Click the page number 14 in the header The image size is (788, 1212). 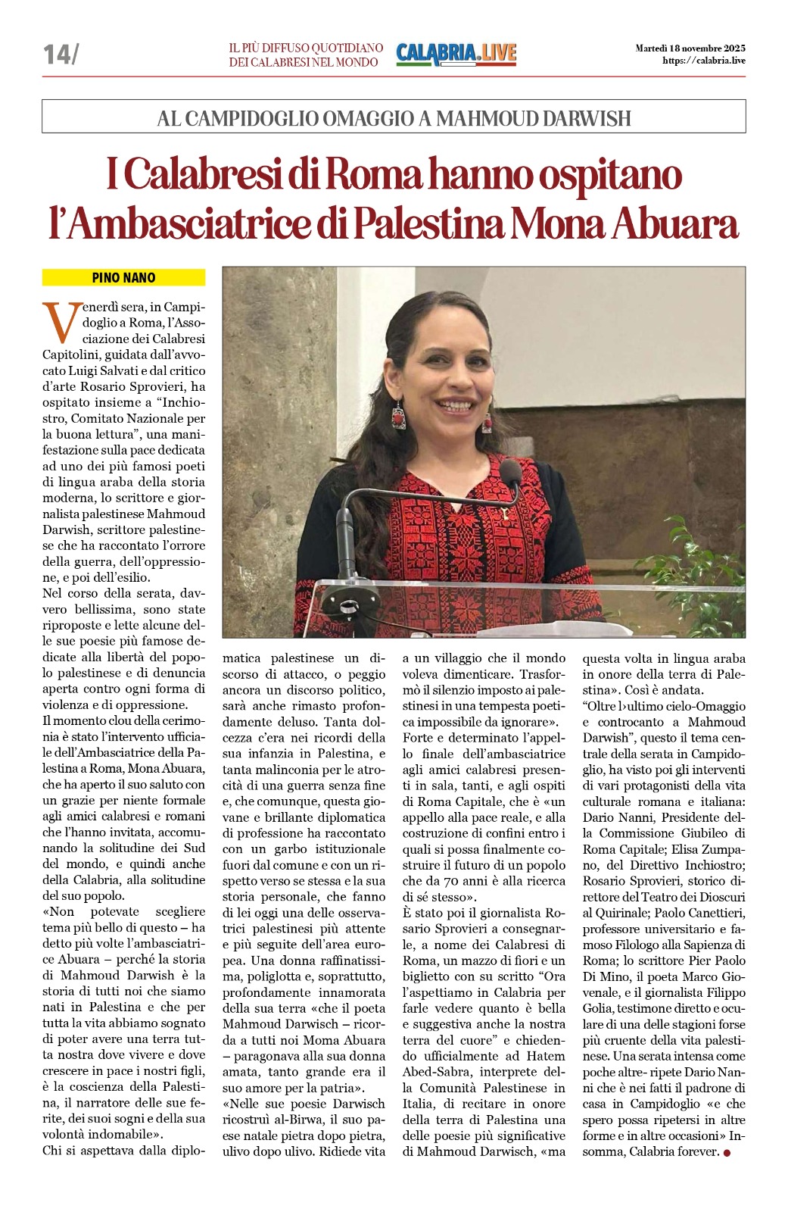pos(56,54)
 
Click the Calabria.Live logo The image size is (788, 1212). pos(456,54)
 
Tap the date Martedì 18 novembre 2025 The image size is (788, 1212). pos(690,48)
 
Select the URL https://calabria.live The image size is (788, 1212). pos(703,61)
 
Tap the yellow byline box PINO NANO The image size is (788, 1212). pos(123,278)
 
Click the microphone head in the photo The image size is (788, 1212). pos(511,473)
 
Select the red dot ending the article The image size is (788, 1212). pos(727,1153)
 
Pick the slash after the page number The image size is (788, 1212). pos(74,54)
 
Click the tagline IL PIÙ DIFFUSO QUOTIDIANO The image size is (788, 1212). pos(306,48)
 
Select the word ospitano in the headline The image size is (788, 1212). pos(609,175)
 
